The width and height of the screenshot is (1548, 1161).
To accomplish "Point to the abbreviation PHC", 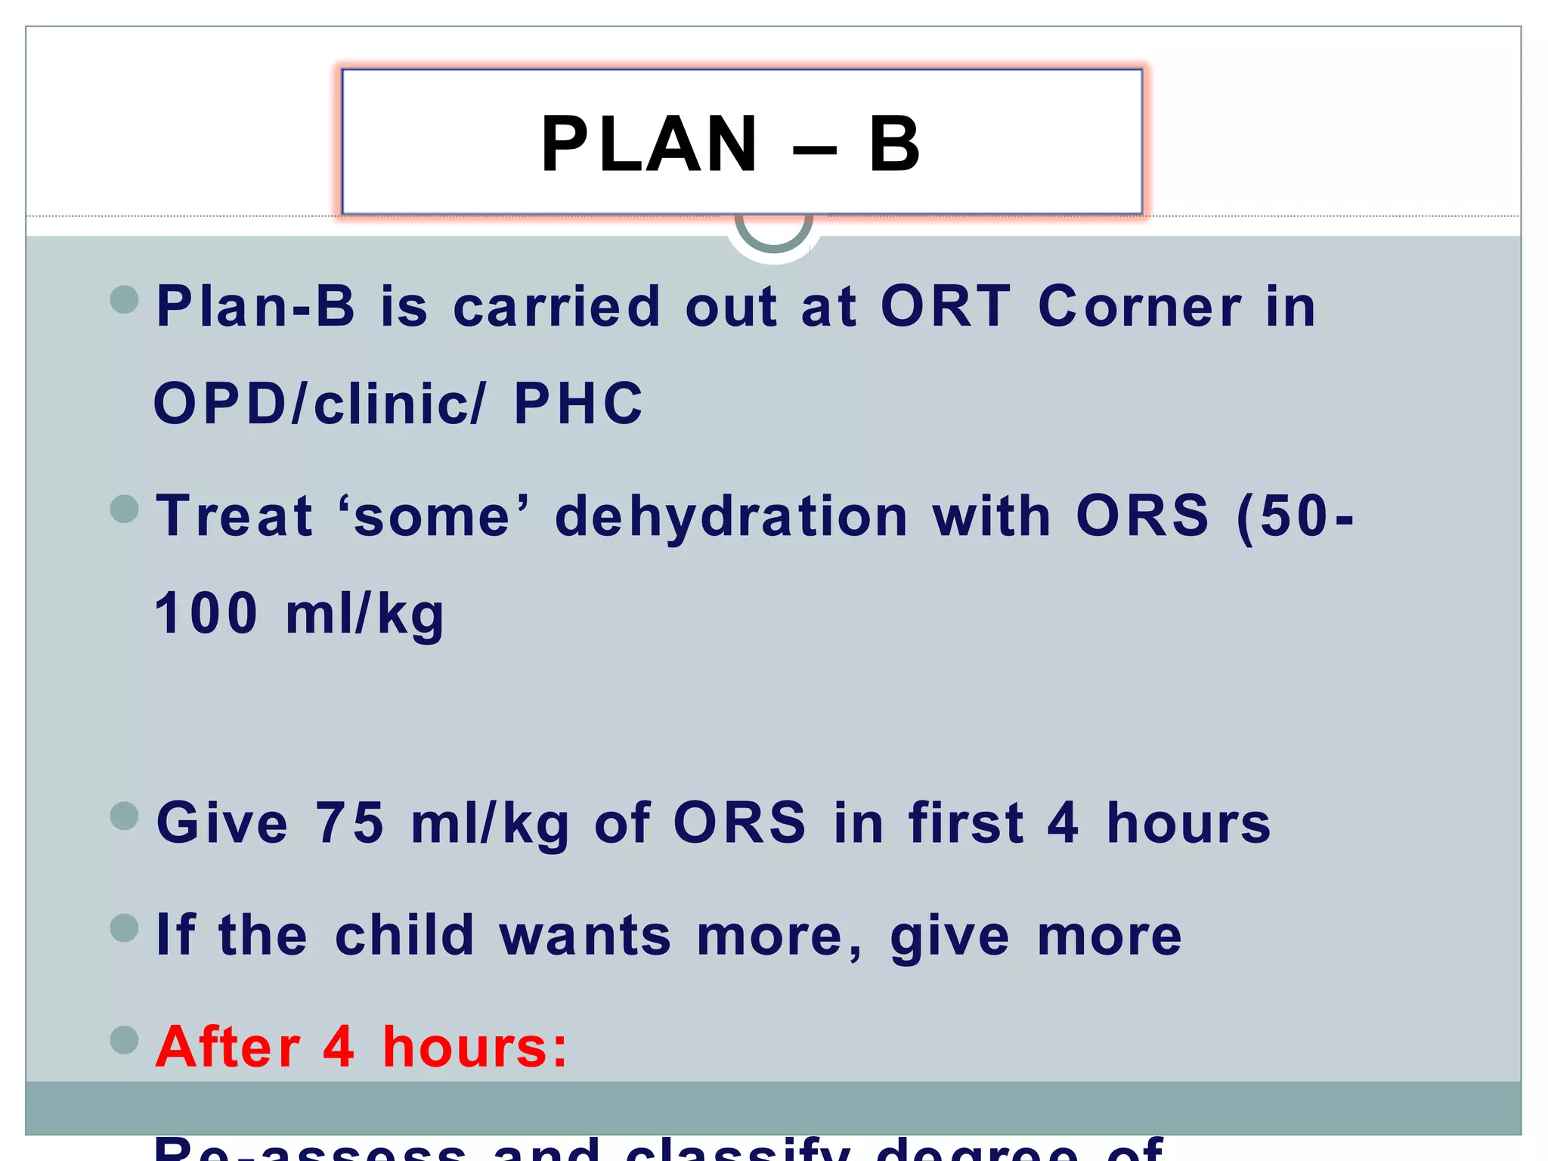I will [578, 403].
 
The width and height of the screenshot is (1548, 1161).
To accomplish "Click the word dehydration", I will [731, 517].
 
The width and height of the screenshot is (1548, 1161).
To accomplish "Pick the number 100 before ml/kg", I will [206, 613].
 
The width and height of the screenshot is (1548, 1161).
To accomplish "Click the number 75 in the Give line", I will [349, 822].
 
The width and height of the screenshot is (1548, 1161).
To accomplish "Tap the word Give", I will [222, 822].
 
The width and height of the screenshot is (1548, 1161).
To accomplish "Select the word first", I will [966, 822].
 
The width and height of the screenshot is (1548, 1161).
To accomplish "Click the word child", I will [404, 935].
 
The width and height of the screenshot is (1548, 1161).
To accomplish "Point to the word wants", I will [584, 935].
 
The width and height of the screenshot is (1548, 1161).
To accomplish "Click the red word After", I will [228, 1047].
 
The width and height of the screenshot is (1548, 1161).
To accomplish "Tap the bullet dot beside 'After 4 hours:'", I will [125, 1039].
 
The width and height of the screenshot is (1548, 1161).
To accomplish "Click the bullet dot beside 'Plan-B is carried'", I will [125, 299].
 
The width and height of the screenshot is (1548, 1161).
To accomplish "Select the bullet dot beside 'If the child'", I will [125, 927].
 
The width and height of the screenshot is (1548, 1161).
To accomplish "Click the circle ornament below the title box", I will [773, 234].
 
